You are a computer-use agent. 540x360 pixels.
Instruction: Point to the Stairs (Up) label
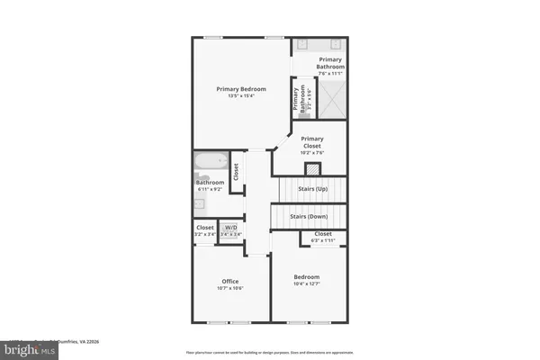pyautogui.click(x=308, y=189)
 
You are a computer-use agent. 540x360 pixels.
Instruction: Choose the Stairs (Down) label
pyautogui.click(x=308, y=216)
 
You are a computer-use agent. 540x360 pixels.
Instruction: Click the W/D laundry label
pyautogui.click(x=231, y=228)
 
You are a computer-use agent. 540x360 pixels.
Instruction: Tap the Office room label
pyautogui.click(x=229, y=281)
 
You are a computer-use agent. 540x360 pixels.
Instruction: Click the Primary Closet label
pyautogui.click(x=312, y=141)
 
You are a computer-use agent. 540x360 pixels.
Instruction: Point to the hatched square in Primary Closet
pyautogui.click(x=312, y=168)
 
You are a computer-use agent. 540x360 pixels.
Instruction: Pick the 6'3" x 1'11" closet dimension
pyautogui.click(x=323, y=241)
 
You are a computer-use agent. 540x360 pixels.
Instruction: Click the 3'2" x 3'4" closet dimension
pyautogui.click(x=205, y=234)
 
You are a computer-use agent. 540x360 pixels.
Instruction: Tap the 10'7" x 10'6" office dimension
pyautogui.click(x=229, y=288)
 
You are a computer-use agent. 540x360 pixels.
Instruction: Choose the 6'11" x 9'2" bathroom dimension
pyautogui.click(x=211, y=190)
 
